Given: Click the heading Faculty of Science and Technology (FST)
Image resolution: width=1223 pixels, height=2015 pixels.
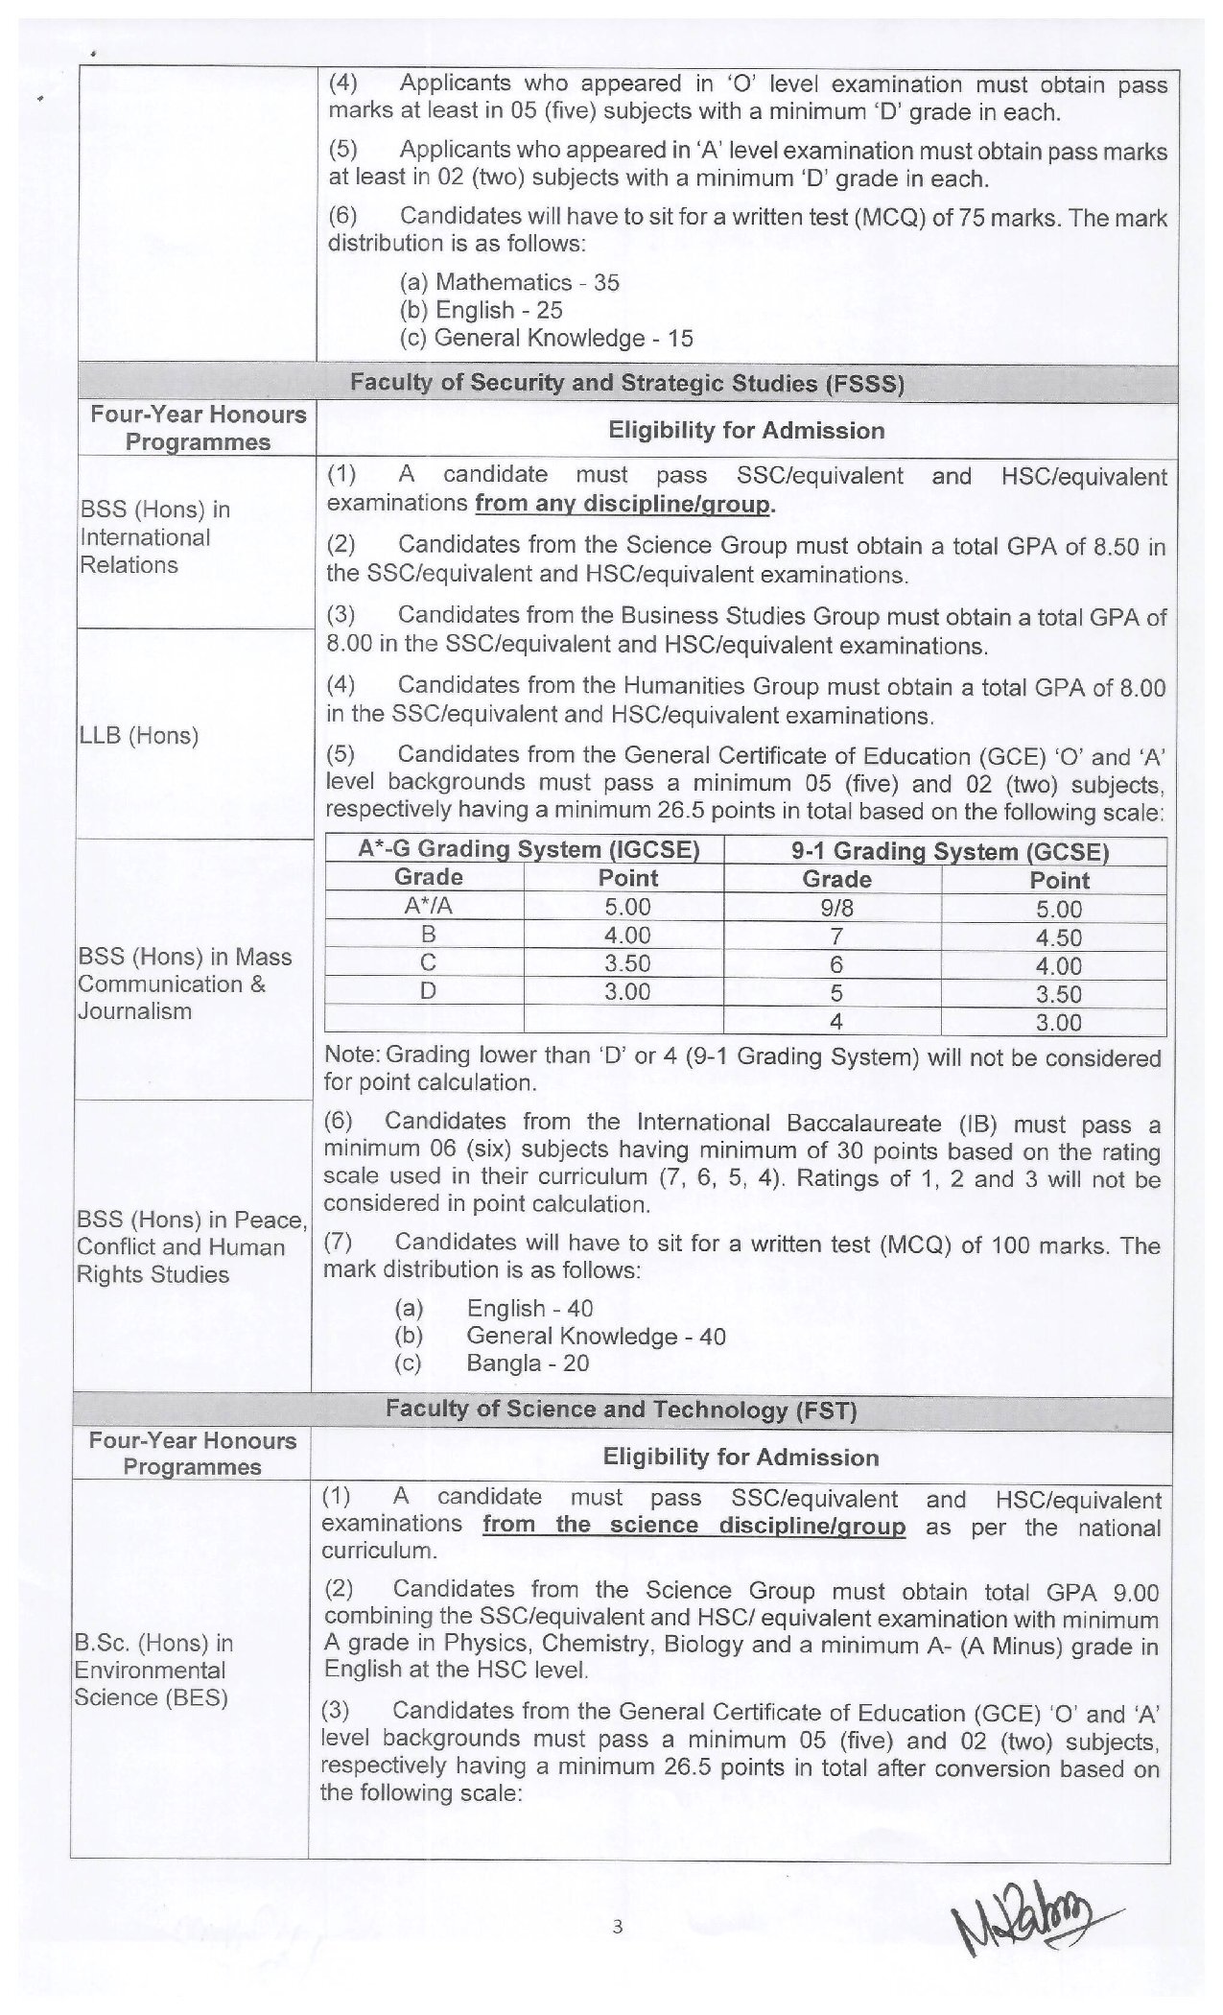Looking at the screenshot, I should point(621,1409).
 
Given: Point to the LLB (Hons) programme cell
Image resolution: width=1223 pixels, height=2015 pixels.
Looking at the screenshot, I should point(138,736).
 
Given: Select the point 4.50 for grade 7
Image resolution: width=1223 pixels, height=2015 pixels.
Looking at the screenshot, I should point(1058,937).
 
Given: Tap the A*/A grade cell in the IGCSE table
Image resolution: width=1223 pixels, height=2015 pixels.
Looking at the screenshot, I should point(428,907).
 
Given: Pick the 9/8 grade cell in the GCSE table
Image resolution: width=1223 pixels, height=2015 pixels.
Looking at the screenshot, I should point(836,908).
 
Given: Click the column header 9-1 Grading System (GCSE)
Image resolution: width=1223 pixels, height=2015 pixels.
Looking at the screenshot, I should point(944,852).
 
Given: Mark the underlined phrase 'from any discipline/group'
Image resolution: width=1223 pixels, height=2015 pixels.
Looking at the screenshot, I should point(623,505).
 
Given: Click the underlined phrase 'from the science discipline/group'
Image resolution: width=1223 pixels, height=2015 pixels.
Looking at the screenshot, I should point(694,1526).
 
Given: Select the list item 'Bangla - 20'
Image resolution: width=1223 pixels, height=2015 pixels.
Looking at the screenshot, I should point(527,1363).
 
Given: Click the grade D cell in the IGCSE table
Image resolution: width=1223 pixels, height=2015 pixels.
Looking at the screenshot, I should point(428,991).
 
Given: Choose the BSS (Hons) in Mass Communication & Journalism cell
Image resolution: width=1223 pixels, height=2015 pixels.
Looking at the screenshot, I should point(184,984).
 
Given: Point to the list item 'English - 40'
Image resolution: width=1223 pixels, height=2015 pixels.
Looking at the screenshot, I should point(529,1308).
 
